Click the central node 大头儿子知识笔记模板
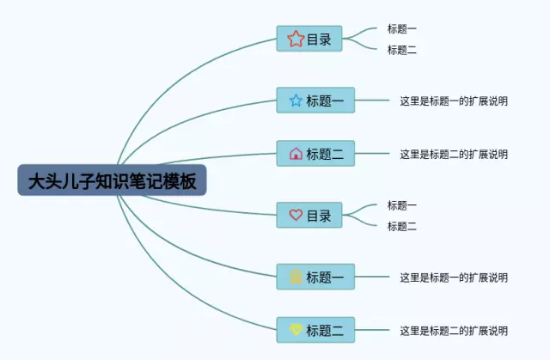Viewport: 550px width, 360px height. (x=112, y=180)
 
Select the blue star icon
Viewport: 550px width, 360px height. (x=296, y=101)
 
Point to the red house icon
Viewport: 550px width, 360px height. (x=296, y=154)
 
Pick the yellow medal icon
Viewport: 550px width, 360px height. (x=296, y=277)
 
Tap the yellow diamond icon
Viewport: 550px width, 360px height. (x=296, y=329)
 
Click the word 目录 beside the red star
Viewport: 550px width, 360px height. (x=319, y=40)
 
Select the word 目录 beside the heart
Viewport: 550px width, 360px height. (x=319, y=216)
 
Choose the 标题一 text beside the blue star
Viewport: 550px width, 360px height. (x=325, y=101)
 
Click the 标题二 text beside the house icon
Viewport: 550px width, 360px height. (x=325, y=154)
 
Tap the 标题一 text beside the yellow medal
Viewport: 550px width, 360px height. (x=325, y=278)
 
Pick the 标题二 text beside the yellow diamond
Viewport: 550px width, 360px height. (x=325, y=330)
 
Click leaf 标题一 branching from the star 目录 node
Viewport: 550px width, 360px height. (x=402, y=28)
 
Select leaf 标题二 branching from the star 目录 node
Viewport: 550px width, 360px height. (x=402, y=50)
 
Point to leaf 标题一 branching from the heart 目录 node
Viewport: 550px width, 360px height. (x=402, y=205)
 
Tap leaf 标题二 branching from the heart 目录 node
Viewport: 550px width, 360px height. (x=402, y=226)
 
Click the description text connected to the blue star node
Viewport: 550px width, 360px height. (x=454, y=101)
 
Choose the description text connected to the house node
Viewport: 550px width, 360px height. (x=454, y=154)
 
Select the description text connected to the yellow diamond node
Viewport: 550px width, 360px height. (x=454, y=331)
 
